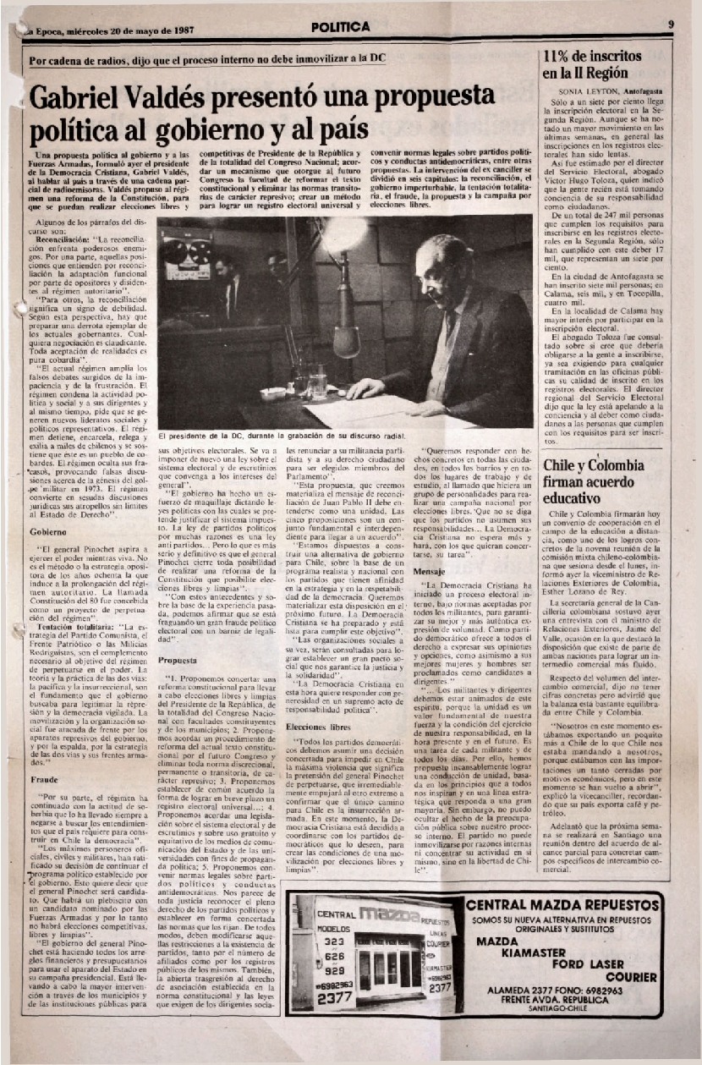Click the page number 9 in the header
(x=670, y=25)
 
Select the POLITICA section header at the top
(x=340, y=27)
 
